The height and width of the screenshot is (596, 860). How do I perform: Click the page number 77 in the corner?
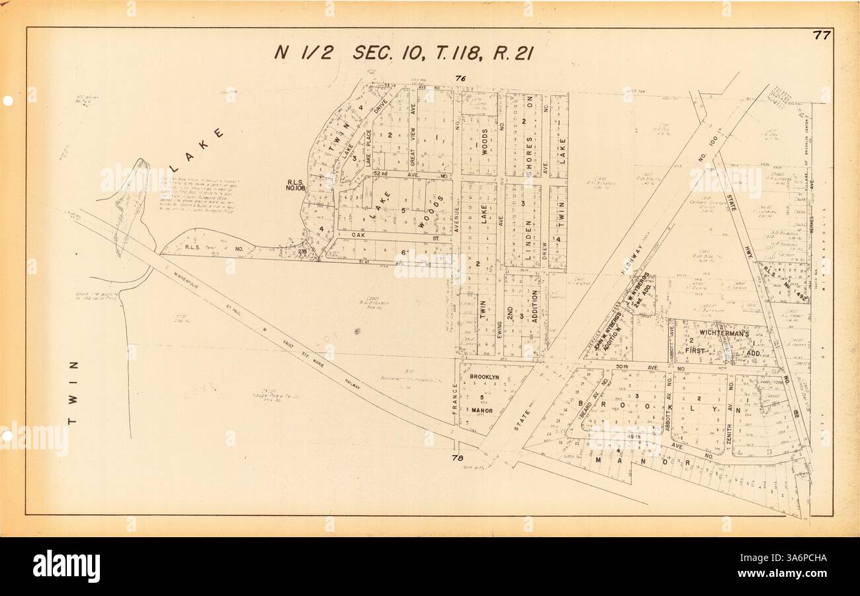pos(822,36)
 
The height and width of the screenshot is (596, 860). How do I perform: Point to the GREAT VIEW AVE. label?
pos(412,143)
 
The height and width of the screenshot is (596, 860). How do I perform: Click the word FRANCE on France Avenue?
pos(455,400)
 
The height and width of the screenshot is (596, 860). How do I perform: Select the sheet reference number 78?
pos(456,458)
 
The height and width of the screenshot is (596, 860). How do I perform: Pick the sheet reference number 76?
pos(460,79)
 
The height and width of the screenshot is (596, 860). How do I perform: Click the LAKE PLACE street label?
pos(368,146)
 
